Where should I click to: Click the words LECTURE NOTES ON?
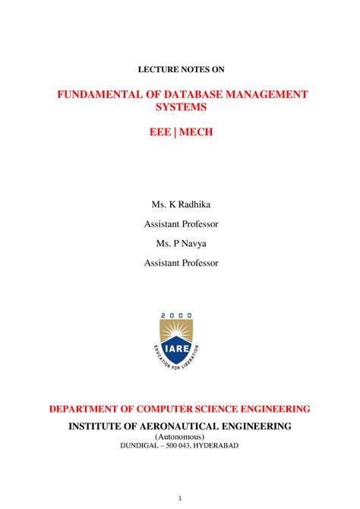[x=181, y=69]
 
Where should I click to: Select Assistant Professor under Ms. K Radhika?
[x=181, y=224]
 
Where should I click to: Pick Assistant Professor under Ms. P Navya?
[x=181, y=263]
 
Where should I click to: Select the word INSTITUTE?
[x=97, y=426]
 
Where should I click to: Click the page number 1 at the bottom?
[x=180, y=498]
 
